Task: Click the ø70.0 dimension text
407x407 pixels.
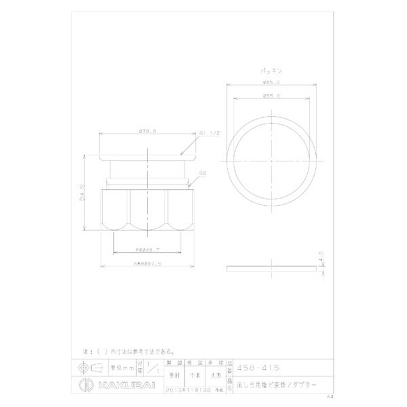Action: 147,131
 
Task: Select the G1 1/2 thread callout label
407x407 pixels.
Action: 209,133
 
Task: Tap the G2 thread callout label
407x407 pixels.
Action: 202,173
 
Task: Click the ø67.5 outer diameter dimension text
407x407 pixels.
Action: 147,263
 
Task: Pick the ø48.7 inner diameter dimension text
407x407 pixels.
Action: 147,249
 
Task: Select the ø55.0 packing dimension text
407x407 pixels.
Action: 269,96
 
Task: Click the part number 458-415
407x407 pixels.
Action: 259,367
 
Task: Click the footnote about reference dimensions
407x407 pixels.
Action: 129,352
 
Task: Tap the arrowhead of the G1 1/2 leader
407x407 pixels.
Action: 180,154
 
